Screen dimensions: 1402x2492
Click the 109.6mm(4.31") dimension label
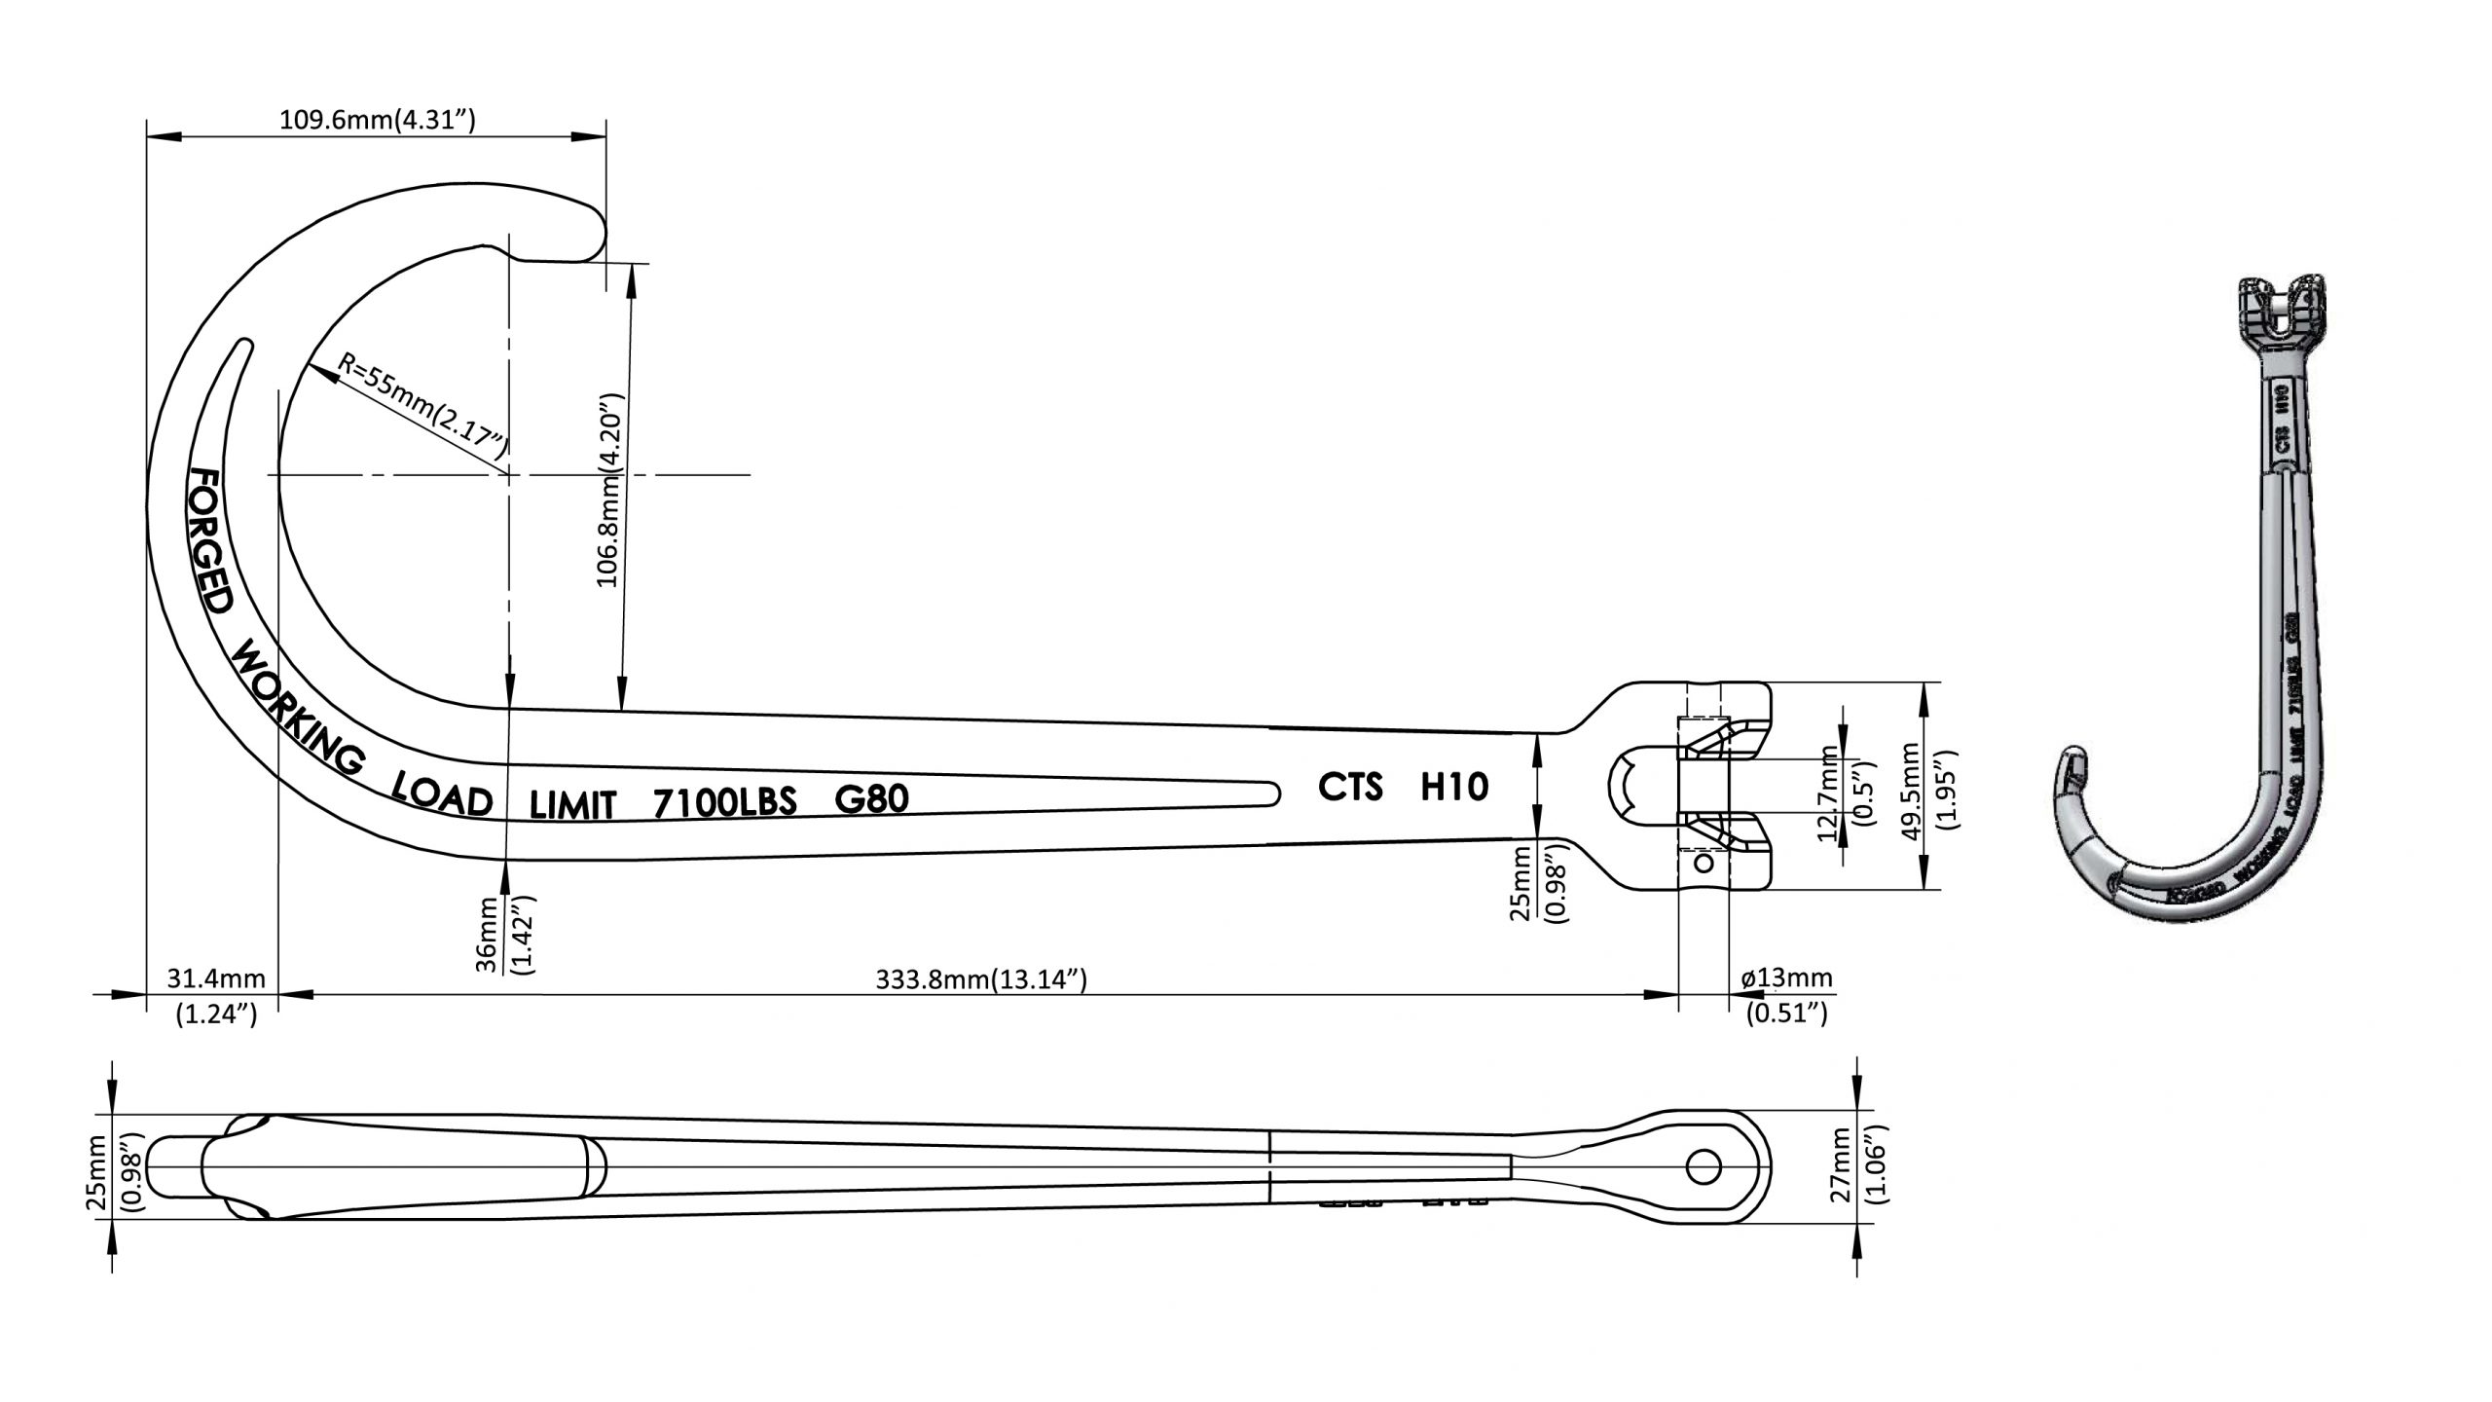(377, 121)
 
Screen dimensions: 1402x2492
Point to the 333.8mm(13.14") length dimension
(980, 978)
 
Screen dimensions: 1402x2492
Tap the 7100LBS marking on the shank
(724, 802)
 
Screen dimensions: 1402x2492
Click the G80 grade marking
(871, 799)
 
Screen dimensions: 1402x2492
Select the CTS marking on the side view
(1350, 787)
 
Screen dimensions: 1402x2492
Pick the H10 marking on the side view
(1454, 787)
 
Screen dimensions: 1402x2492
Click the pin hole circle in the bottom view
(1703, 1166)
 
